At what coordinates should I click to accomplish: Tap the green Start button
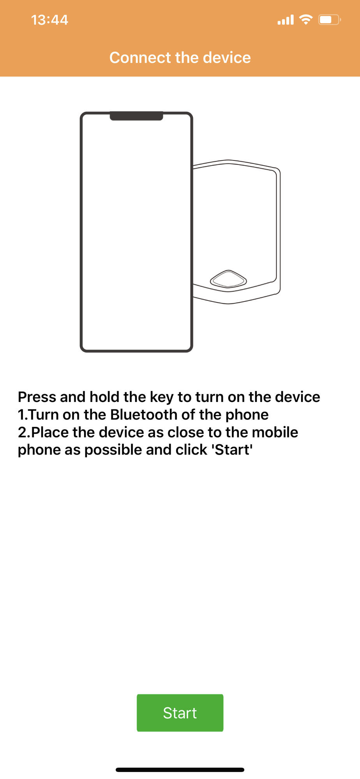pyautogui.click(x=180, y=713)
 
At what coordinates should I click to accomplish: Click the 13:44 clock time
pyautogui.click(x=49, y=20)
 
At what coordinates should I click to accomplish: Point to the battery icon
pyautogui.click(x=330, y=19)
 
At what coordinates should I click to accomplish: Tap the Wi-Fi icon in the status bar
pyautogui.click(x=306, y=19)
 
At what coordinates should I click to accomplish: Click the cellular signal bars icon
pyautogui.click(x=286, y=20)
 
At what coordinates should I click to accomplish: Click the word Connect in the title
pyautogui.click(x=140, y=58)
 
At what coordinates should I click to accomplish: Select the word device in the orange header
pyautogui.click(x=227, y=58)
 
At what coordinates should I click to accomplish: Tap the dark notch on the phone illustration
pyautogui.click(x=136, y=116)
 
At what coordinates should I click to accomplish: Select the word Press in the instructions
pyautogui.click(x=37, y=397)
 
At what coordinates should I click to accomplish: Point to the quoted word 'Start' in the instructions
pyautogui.click(x=232, y=449)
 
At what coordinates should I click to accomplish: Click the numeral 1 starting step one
pyautogui.click(x=21, y=415)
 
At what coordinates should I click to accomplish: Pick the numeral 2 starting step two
pyautogui.click(x=23, y=432)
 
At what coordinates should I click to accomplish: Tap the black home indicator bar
pyautogui.click(x=180, y=770)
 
